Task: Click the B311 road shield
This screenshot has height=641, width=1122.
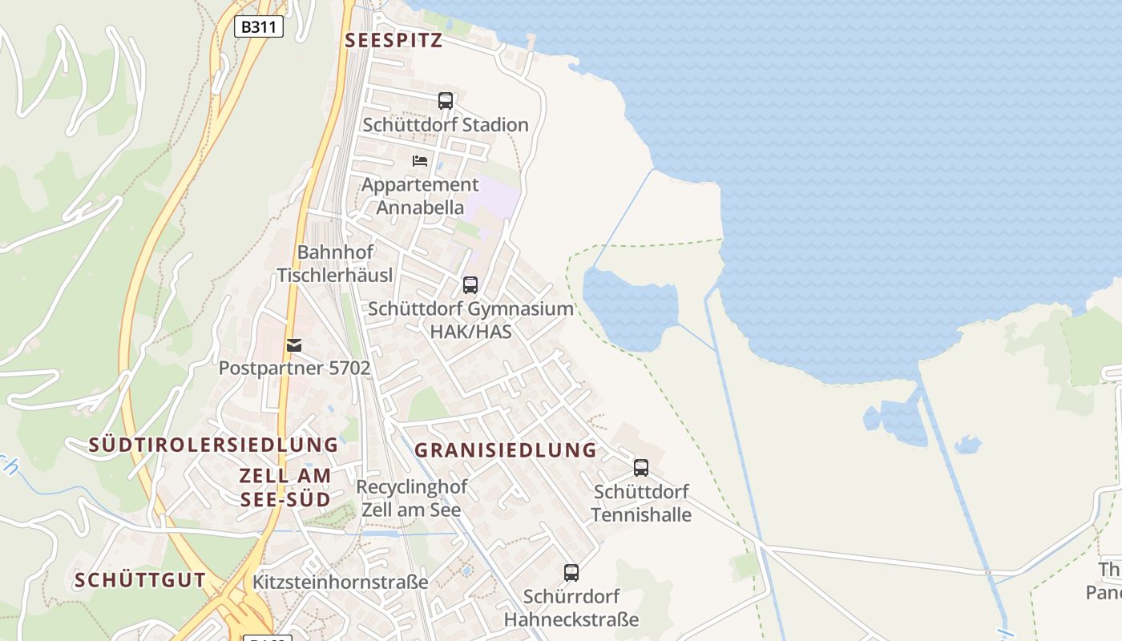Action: coord(258,26)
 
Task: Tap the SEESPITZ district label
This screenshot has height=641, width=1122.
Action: coord(394,41)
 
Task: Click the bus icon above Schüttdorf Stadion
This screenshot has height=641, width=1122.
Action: coord(446,101)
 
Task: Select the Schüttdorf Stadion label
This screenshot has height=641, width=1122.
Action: coord(446,125)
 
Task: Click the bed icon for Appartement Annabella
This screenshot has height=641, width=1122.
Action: coord(420,160)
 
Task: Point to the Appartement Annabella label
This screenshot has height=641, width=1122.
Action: coord(420,196)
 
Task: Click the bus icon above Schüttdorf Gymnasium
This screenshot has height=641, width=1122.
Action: coord(470,284)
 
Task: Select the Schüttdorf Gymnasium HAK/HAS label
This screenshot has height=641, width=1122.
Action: coord(470,320)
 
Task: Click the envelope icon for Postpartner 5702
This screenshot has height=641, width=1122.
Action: coord(294,345)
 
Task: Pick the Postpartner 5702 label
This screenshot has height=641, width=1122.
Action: coord(294,369)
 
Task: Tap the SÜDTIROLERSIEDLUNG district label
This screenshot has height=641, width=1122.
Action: coord(213,445)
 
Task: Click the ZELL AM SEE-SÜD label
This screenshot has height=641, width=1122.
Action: coord(285,487)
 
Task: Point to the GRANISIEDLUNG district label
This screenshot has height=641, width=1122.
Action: coord(506,450)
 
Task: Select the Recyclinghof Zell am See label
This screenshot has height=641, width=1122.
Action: coord(411,498)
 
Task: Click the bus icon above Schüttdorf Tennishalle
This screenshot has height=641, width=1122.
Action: coord(641,467)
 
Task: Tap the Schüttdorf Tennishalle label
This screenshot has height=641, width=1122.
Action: coord(641,503)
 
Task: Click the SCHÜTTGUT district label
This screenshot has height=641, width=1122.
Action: coord(140,581)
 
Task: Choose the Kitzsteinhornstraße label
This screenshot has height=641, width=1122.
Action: coord(340,583)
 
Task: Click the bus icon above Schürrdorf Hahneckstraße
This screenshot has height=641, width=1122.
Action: coord(571,573)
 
